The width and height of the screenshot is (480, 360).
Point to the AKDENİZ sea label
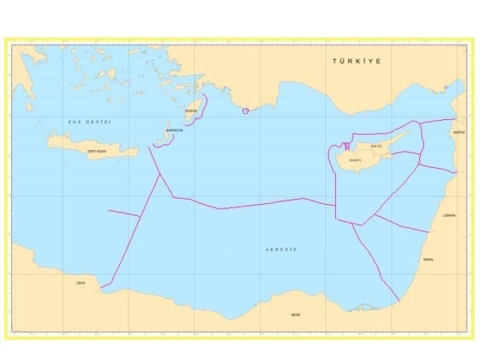click(x=281, y=249)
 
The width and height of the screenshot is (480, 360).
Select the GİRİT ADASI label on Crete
click(x=97, y=151)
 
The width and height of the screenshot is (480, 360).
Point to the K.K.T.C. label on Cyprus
click(x=376, y=146)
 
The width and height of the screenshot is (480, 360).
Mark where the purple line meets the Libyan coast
click(x=102, y=292)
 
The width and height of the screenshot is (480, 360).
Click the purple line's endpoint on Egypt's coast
click(x=400, y=302)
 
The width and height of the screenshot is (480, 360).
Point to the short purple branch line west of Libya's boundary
click(x=124, y=214)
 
